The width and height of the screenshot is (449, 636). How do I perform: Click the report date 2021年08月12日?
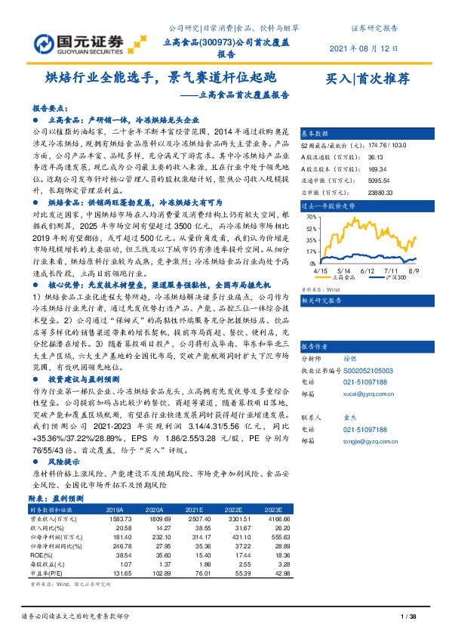[364, 49]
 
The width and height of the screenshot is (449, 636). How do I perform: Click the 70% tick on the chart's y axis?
[311, 216]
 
